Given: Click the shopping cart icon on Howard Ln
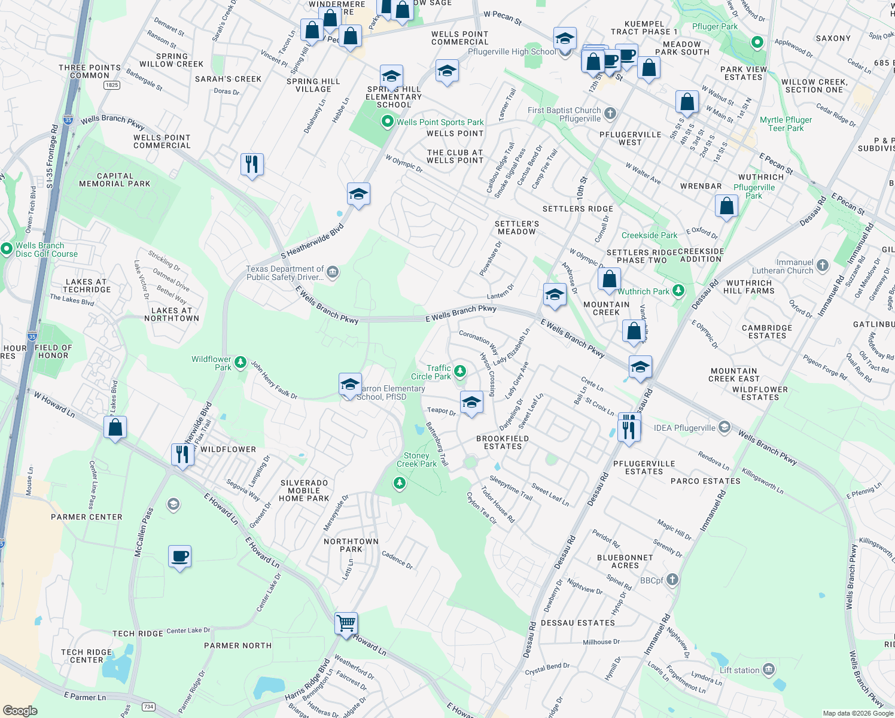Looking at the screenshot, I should click(346, 623).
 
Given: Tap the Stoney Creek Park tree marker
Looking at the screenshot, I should click(400, 482).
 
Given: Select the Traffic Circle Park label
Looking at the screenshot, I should click(431, 372).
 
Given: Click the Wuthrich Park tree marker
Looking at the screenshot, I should click(678, 291).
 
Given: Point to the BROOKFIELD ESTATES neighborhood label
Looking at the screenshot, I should click(503, 442).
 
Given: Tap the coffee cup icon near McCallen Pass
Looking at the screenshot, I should click(179, 557).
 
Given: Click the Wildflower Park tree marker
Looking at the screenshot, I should click(240, 361).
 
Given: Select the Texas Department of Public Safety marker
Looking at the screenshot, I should click(333, 273).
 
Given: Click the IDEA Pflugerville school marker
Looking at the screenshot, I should click(724, 427).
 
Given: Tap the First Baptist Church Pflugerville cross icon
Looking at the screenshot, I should click(610, 113).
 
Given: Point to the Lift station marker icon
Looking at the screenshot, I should click(769, 669).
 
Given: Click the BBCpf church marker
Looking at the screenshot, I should click(672, 579).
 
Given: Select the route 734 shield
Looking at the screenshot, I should click(148, 707).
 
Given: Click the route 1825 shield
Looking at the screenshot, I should click(111, 85).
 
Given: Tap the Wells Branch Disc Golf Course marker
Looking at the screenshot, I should click(7, 248).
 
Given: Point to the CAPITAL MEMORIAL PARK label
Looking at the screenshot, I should click(115, 180).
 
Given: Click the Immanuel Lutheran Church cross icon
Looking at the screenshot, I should click(823, 265).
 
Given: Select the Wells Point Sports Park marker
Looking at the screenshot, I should click(388, 122).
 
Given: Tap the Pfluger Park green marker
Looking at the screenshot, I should click(757, 42).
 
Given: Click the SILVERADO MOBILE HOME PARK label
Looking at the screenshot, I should click(304, 490).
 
